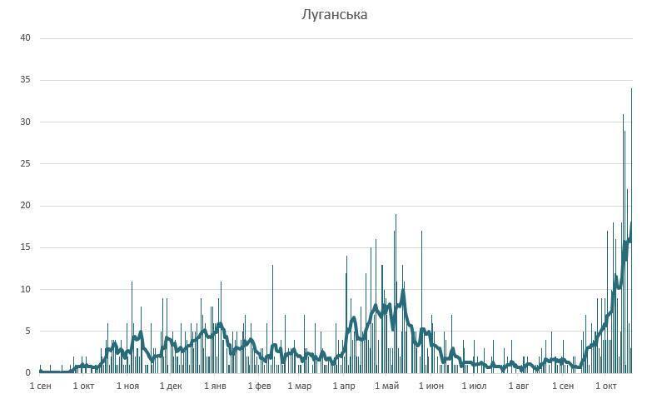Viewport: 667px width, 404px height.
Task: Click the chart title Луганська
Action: pos(334,14)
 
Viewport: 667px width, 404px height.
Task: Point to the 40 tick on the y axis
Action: pos(25,38)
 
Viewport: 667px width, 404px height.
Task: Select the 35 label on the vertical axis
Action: pos(25,80)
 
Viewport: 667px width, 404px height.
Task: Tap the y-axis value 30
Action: pos(25,122)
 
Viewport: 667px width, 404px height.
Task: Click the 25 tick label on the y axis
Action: pos(25,164)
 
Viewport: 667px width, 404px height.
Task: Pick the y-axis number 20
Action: pos(25,206)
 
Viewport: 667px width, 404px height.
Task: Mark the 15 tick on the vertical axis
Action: pos(25,247)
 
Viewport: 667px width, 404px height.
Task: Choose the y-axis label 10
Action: pos(25,289)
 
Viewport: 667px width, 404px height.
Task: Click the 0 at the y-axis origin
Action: pos(27,373)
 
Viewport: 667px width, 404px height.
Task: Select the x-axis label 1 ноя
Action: pos(127,387)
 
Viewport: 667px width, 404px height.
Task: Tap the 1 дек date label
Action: pos(171,387)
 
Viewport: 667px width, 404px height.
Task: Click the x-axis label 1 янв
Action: pos(215,387)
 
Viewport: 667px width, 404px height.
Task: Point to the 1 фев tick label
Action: pos(259,387)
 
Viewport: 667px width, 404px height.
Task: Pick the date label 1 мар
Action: pos(300,387)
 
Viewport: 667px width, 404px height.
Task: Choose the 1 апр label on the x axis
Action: pos(343,387)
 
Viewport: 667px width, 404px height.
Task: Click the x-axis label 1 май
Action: pos(386,387)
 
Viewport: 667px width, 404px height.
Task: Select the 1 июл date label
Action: pos(474,387)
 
